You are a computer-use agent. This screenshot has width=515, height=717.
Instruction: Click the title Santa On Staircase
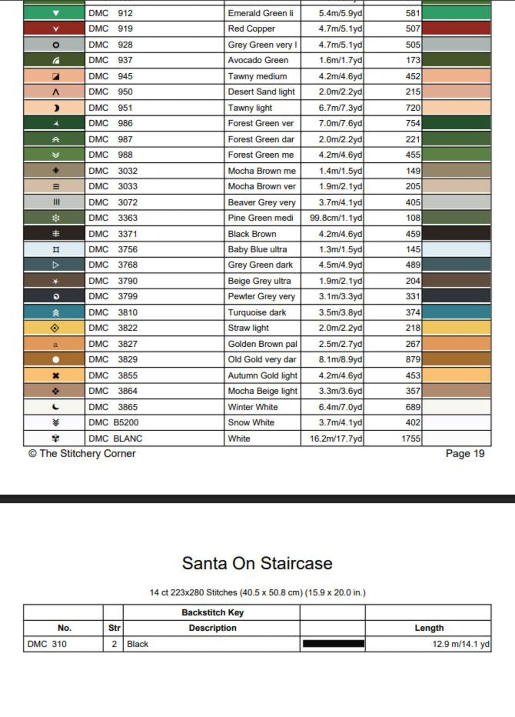pyautogui.click(x=257, y=563)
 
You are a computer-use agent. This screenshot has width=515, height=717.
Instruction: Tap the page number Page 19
pyautogui.click(x=465, y=453)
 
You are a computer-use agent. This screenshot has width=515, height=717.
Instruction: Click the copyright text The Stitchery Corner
pyautogui.click(x=82, y=453)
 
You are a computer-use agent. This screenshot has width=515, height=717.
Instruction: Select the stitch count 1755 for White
pyautogui.click(x=411, y=439)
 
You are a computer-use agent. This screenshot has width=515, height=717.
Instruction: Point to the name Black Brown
pyautogui.click(x=252, y=234)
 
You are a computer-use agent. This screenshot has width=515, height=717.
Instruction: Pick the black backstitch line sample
pyautogui.click(x=333, y=644)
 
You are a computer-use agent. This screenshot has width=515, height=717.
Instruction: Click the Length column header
pyautogui.click(x=429, y=628)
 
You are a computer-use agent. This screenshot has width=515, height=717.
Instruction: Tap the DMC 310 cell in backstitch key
pyautogui.click(x=47, y=644)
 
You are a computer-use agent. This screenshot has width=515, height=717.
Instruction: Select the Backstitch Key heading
pyautogui.click(x=212, y=613)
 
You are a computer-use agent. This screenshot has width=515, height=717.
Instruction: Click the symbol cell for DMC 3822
pyautogui.click(x=56, y=328)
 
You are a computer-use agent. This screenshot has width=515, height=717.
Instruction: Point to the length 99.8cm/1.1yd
pyautogui.click(x=336, y=218)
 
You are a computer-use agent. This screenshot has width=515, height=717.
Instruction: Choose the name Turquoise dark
pyautogui.click(x=257, y=312)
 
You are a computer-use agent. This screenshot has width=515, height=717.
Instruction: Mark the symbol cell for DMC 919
pyautogui.click(x=56, y=29)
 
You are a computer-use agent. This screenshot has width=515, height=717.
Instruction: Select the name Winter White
pyautogui.click(x=253, y=407)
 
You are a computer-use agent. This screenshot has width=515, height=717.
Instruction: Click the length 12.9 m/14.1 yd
pyautogui.click(x=460, y=644)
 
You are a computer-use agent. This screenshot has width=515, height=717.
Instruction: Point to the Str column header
pyautogui.click(x=114, y=628)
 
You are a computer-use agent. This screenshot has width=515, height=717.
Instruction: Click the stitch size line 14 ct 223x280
pyautogui.click(x=257, y=592)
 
